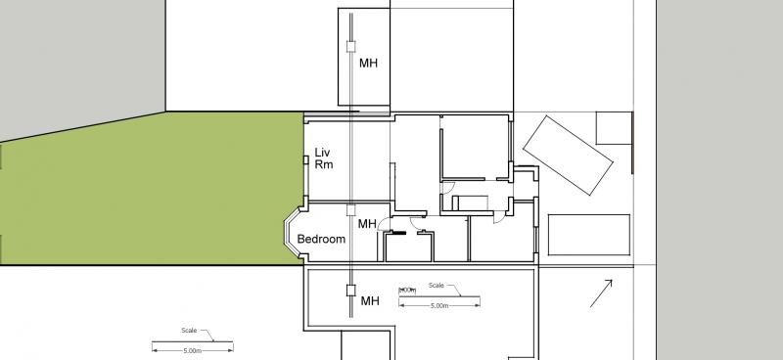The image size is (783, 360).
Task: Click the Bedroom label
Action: pyautogui.click(x=322, y=239)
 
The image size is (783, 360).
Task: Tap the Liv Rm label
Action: pyautogui.click(x=324, y=158)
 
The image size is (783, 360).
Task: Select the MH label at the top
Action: pyautogui.click(x=368, y=65)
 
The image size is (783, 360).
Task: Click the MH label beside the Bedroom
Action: pyautogui.click(x=366, y=224)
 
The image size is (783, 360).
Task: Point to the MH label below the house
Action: pyautogui.click(x=369, y=300)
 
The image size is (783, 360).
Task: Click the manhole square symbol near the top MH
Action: pyautogui.click(x=351, y=45)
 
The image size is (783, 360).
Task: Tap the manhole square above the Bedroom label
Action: pyautogui.click(x=351, y=209)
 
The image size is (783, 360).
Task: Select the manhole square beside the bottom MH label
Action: pyautogui.click(x=349, y=290)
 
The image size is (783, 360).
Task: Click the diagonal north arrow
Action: pyautogui.click(x=601, y=292)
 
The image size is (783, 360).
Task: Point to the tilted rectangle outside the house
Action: pyautogui.click(x=569, y=155)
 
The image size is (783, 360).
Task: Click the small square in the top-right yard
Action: pyautogui.click(x=613, y=129)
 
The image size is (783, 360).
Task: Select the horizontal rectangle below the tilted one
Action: pyautogui.click(x=587, y=235)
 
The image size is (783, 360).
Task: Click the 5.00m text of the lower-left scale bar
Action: pyautogui.click(x=191, y=350)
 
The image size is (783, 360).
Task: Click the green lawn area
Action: pyautogui.click(x=147, y=191)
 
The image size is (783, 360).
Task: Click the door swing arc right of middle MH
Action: pyautogui.click(x=383, y=225)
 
